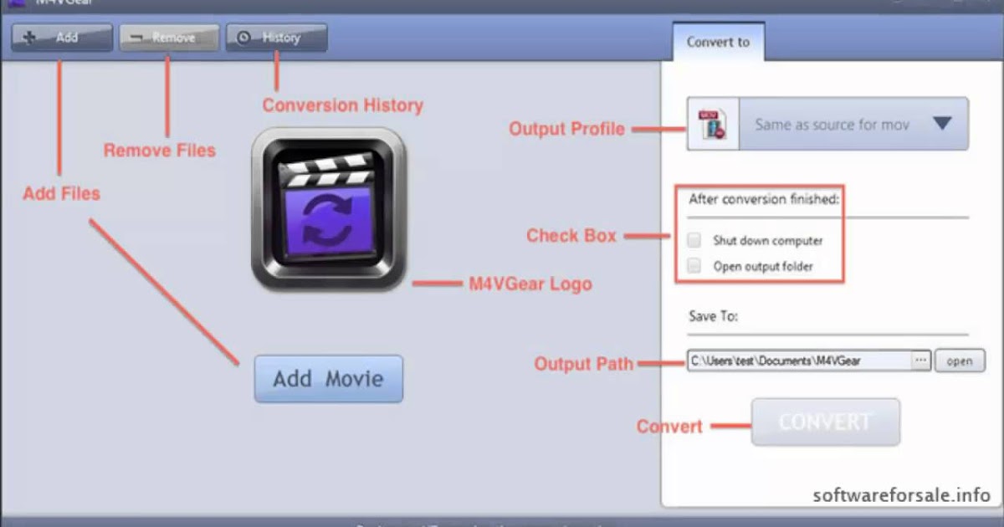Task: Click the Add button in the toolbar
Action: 61,38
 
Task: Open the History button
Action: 276,38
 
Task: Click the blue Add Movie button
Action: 328,379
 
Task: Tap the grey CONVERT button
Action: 825,422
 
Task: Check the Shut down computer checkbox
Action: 694,241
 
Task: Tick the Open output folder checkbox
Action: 694,266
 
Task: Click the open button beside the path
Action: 960,361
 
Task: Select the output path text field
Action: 798,361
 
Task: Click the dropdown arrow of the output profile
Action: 942,124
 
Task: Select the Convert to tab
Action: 718,42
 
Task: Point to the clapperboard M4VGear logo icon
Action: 328,209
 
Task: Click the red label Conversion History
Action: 343,105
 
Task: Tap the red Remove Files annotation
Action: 160,151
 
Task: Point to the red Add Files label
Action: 61,193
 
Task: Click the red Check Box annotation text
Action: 571,236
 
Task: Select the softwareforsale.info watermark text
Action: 902,494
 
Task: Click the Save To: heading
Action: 714,316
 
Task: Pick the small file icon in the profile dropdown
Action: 710,124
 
